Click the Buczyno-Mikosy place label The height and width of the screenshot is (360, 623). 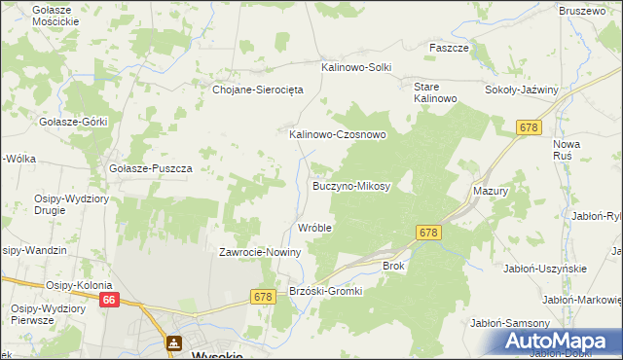pyautogui.click(x=351, y=185)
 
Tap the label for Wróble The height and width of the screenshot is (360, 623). pyautogui.click(x=315, y=228)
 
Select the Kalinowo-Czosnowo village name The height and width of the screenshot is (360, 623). pyautogui.click(x=338, y=135)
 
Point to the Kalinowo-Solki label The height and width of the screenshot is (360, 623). pyautogui.click(x=356, y=67)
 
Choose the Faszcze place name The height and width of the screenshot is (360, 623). pyautogui.click(x=450, y=47)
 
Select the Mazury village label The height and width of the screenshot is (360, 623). pyautogui.click(x=492, y=192)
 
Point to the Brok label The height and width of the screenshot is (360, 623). pyautogui.click(x=393, y=265)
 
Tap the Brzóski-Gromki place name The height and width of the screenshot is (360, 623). pyautogui.click(x=326, y=291)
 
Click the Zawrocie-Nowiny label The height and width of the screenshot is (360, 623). pyautogui.click(x=260, y=252)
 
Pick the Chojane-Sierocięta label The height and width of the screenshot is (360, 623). pyautogui.click(x=259, y=89)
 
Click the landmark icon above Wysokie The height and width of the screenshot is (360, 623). pyautogui.click(x=174, y=342)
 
